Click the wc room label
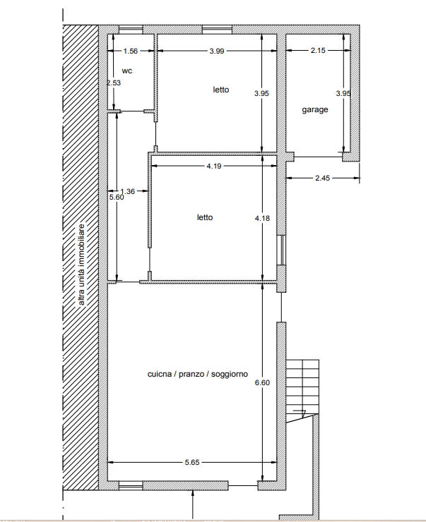127,71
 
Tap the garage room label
315,109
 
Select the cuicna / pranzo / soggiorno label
198,374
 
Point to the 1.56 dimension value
130,51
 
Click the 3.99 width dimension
217,51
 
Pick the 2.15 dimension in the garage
318,50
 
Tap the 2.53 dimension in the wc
114,83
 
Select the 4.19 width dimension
214,166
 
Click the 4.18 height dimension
262,218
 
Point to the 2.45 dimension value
323,178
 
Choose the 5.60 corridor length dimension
117,197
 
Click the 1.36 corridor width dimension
128,191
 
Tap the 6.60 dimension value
262,382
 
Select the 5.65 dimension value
192,463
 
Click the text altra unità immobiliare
81,265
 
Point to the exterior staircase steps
302,387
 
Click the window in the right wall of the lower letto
282,250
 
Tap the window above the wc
131,30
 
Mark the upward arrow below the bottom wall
193,506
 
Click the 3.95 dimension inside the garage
343,94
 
